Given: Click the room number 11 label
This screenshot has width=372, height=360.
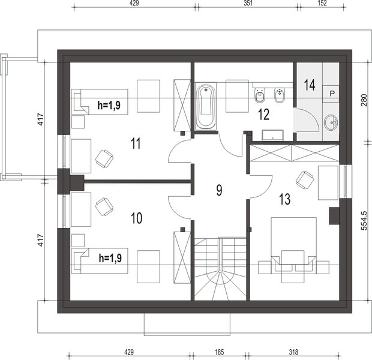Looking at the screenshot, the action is (136, 143).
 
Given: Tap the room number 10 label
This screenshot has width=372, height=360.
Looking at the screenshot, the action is (137, 218).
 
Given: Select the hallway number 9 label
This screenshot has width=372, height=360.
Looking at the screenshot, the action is (219, 190).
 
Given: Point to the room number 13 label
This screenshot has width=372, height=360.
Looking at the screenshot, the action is (284, 199).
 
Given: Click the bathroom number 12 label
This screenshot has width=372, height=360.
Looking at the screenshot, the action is (264, 115).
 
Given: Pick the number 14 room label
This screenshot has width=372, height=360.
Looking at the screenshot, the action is (310, 85).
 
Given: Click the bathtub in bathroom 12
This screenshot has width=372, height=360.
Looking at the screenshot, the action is (206, 106).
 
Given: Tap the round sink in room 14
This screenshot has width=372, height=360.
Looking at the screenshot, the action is (331, 122).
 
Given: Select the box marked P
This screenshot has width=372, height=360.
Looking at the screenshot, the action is (331, 94).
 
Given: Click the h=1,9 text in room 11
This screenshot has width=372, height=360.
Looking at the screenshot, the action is (109, 105).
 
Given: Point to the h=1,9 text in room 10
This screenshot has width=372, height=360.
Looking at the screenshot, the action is (110, 258).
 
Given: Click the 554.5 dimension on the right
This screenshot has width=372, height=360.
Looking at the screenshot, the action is (364, 221).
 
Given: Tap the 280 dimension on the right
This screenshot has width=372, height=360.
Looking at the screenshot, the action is (364, 100).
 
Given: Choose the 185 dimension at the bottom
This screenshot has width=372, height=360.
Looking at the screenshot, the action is (219, 352).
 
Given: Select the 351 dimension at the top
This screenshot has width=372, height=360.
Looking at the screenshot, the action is (248, 3).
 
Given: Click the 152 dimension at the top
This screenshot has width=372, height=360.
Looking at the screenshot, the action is (322, 3).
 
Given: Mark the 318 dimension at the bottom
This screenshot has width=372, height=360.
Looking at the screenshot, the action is (293, 352).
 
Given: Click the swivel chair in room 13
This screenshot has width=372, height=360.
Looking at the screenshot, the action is (305, 180).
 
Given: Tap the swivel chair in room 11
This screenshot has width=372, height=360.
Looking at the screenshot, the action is (104, 159).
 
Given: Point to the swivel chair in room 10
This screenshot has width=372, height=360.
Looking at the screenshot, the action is (104, 206).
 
